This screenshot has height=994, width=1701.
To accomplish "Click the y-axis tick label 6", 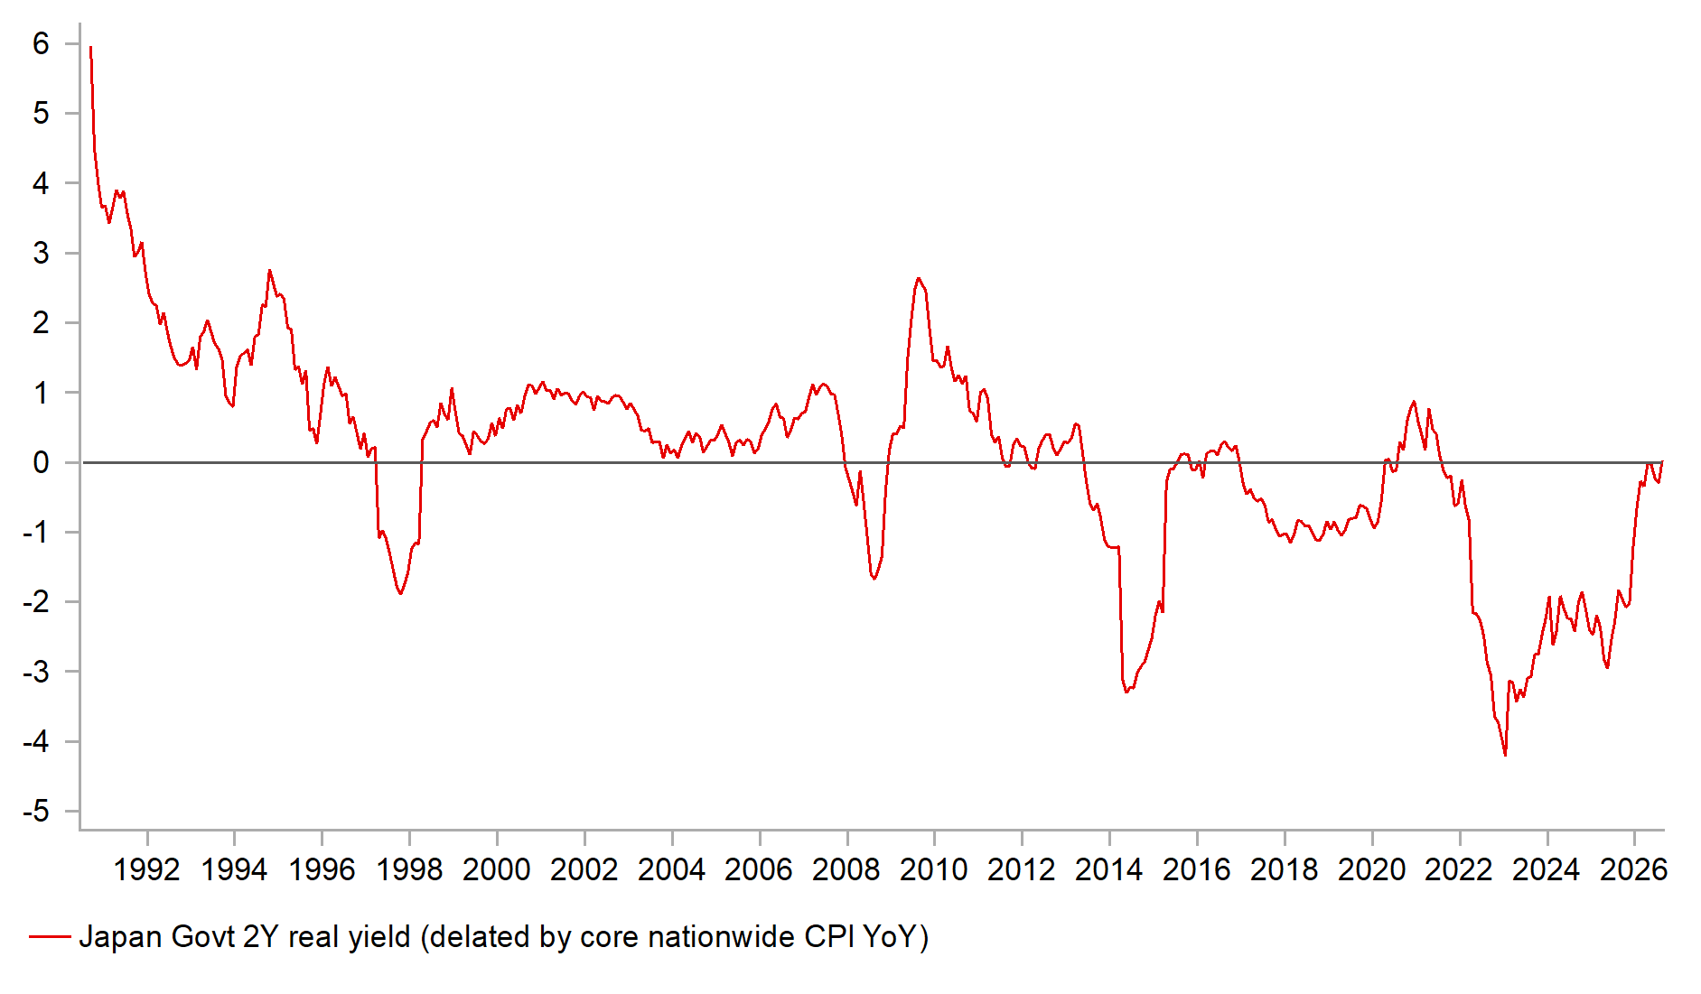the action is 41,43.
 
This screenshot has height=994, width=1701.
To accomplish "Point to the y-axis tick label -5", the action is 36,811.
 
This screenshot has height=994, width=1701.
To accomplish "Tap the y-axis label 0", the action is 41,462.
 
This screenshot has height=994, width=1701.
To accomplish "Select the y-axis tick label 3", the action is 41,253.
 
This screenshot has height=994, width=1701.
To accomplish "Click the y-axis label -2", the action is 36,601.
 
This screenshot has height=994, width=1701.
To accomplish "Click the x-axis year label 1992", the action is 146,869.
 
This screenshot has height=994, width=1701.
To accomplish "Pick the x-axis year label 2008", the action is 846,869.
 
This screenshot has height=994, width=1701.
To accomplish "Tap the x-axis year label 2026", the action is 1633,869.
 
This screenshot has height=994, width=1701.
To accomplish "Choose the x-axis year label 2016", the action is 1196,869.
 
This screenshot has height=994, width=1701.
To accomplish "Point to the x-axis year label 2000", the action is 496,869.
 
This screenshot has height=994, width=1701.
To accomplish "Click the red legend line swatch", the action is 50,937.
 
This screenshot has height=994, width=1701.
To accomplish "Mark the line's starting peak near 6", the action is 90,47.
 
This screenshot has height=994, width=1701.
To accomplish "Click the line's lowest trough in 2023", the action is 1505,755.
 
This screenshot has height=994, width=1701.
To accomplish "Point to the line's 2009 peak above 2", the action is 918,278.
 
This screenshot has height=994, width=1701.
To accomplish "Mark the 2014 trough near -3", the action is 1126,692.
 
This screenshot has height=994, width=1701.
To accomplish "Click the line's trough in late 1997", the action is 400,593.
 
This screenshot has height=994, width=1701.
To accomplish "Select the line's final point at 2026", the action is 1662,462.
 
